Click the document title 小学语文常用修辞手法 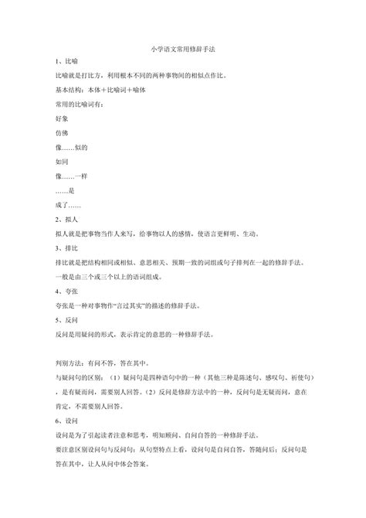click(x=182, y=48)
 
